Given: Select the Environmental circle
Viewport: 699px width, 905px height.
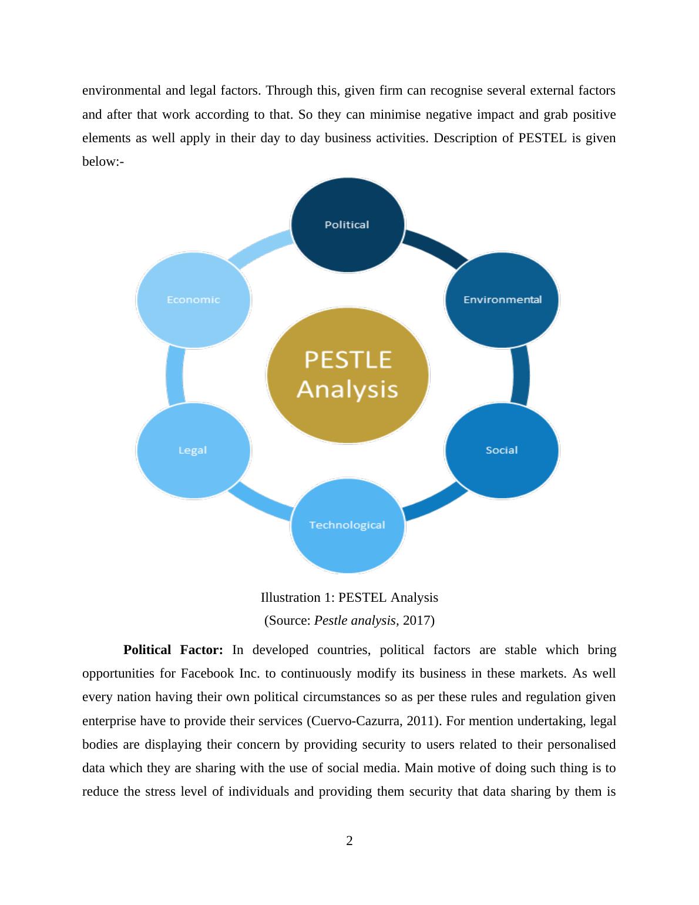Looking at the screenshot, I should click(502, 300).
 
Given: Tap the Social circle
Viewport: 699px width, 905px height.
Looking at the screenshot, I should click(502, 450).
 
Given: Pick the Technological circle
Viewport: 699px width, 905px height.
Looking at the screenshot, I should click(348, 525).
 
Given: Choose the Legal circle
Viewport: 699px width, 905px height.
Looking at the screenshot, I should click(193, 450).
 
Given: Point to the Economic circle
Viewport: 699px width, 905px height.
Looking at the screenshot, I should click(193, 300).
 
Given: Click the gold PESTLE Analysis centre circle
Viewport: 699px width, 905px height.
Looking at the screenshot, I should click(348, 375).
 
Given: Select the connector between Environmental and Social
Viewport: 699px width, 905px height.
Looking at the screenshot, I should click(521, 375).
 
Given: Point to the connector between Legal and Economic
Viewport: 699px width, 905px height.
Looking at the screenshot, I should click(174, 375).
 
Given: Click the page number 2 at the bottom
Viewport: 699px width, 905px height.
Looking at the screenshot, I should click(349, 841).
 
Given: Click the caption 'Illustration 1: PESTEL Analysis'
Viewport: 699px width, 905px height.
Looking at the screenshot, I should click(349, 598).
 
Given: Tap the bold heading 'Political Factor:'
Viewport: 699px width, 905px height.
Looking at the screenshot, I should click(173, 650).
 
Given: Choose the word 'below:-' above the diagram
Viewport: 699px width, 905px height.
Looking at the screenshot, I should click(103, 162).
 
